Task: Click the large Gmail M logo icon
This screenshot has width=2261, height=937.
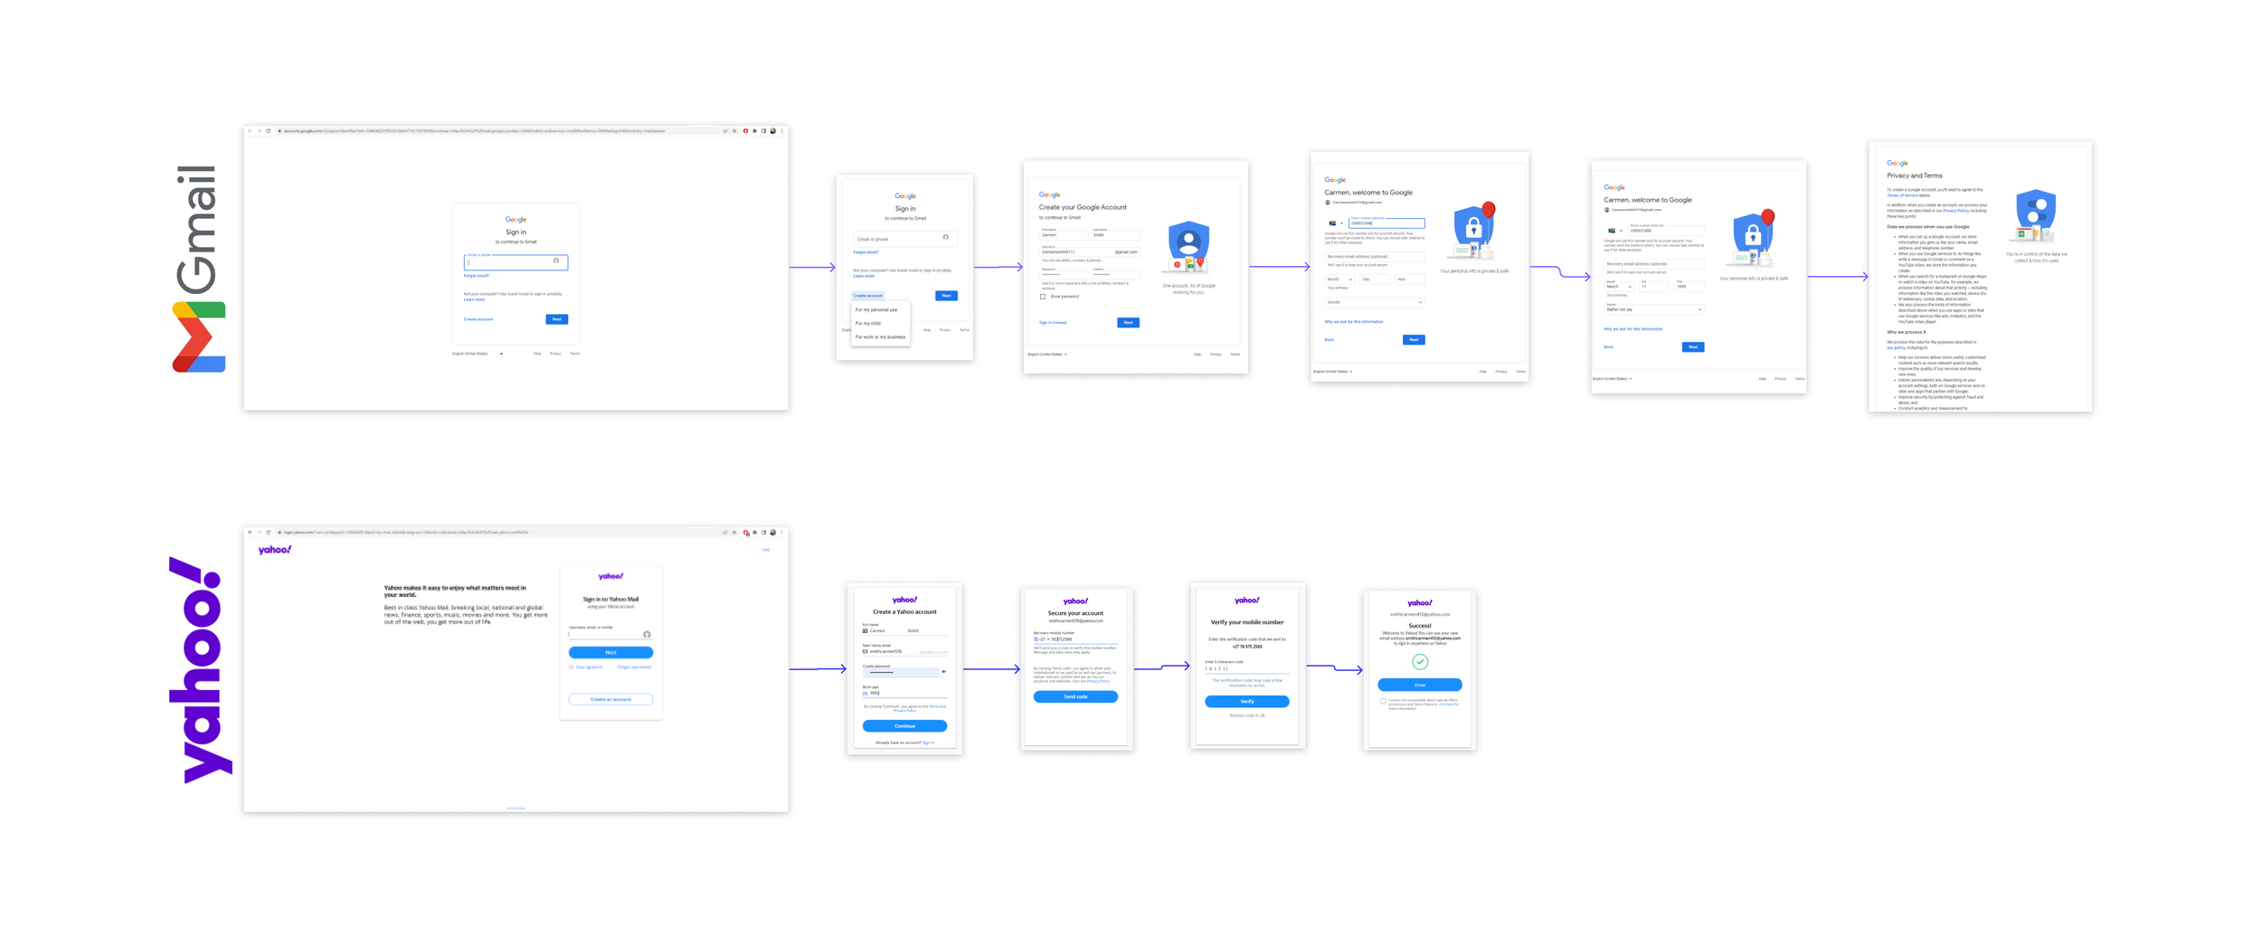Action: pyautogui.click(x=198, y=336)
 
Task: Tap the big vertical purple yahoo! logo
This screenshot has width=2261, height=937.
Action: pyautogui.click(x=200, y=670)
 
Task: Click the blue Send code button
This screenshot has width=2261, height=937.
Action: pyautogui.click(x=1074, y=696)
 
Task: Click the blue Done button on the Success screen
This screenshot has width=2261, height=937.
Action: pyautogui.click(x=1419, y=685)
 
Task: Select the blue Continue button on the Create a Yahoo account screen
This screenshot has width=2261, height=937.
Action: pyautogui.click(x=904, y=725)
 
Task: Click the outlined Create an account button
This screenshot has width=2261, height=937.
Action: pyautogui.click(x=610, y=699)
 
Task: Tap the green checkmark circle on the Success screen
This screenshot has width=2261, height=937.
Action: pyautogui.click(x=1420, y=662)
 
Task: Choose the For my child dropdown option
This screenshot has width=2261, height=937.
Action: pyautogui.click(x=868, y=323)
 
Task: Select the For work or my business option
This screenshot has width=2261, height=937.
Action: pyautogui.click(x=880, y=336)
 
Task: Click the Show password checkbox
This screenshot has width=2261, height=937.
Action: pyautogui.click(x=1043, y=297)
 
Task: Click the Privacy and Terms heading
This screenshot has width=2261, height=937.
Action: pyautogui.click(x=1914, y=175)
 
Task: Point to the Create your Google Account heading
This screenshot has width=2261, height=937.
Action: pyautogui.click(x=1083, y=207)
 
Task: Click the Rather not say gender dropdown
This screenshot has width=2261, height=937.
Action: pyautogui.click(x=1653, y=309)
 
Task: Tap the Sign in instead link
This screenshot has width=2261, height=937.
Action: pyautogui.click(x=1053, y=322)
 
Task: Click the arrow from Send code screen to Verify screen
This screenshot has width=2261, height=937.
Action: pyautogui.click(x=1162, y=667)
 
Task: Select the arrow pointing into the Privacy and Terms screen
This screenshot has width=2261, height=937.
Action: pyautogui.click(x=1838, y=277)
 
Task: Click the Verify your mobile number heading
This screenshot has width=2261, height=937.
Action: pyautogui.click(x=1246, y=622)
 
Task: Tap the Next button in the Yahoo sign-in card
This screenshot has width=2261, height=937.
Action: pyautogui.click(x=610, y=652)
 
